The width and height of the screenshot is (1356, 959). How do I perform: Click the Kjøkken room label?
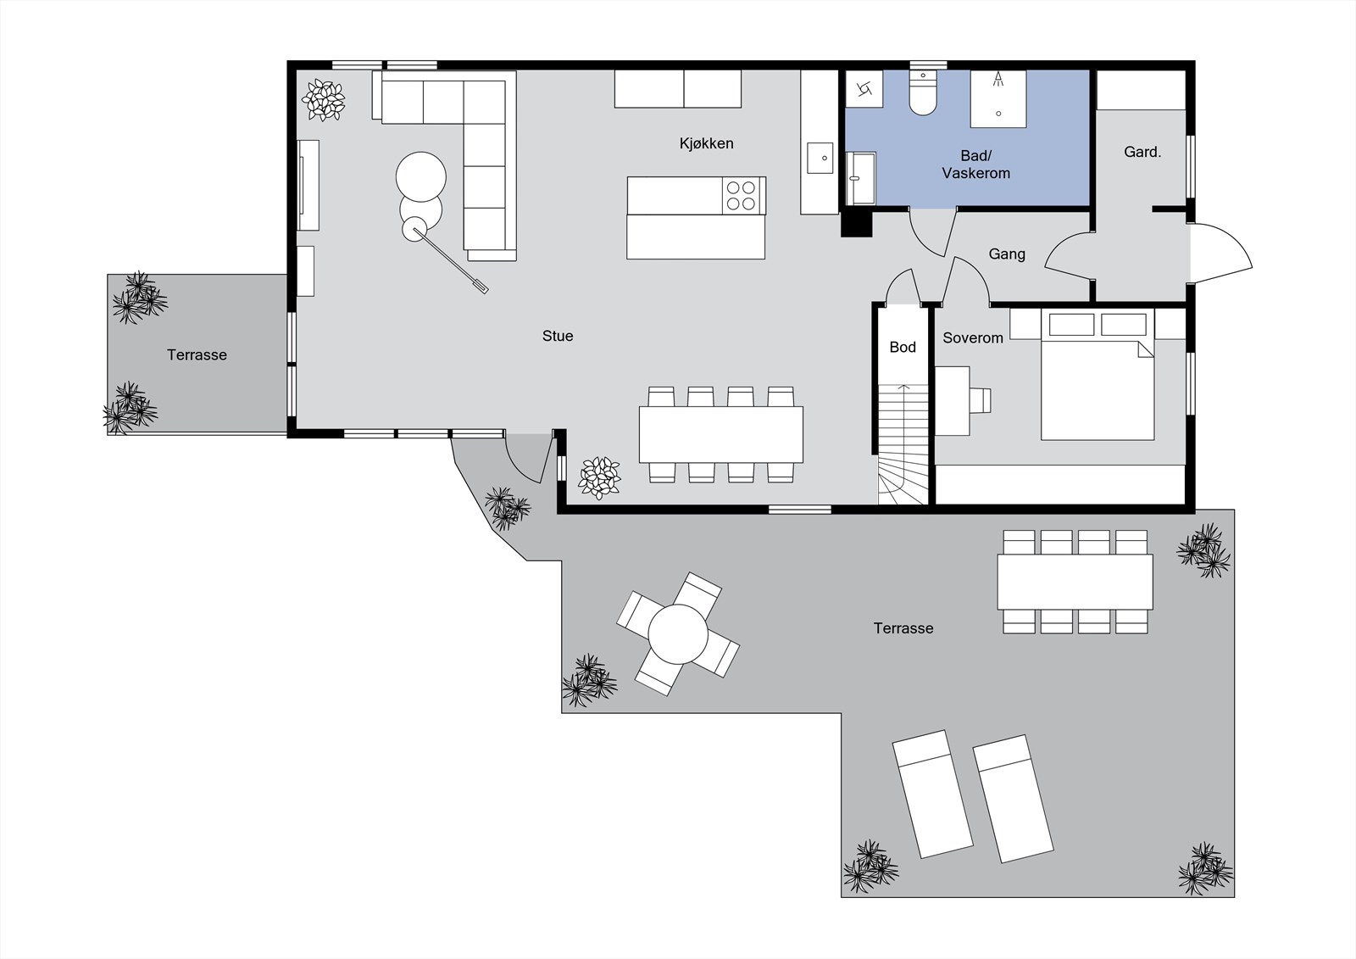pos(706,143)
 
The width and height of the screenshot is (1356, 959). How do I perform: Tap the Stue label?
pos(558,337)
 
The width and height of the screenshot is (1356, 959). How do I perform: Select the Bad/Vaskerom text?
pos(975,164)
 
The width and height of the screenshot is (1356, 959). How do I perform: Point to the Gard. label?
pos(1142,152)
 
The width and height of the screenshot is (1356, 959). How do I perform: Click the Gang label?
pos(1007,254)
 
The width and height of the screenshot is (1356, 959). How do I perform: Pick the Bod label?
pos(903,347)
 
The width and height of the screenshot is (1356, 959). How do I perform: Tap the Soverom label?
pos(973,338)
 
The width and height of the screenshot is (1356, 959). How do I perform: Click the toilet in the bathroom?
pos(923,92)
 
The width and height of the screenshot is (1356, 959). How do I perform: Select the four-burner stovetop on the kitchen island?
pos(743,196)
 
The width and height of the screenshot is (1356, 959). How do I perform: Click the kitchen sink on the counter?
pos(820,158)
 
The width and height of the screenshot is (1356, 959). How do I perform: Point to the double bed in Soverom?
pos(1098,375)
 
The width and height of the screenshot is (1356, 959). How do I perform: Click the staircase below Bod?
pos(903,444)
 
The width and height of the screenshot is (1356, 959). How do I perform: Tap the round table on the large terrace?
pos(678,634)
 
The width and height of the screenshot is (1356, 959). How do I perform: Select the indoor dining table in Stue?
pos(721,435)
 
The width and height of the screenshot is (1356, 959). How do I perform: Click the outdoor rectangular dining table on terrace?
pos(1075,582)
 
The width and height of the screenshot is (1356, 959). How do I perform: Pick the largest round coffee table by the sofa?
pos(420,177)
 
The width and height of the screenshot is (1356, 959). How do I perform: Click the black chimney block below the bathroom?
pos(857,223)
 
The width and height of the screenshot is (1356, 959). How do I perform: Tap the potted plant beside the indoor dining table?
pos(599,478)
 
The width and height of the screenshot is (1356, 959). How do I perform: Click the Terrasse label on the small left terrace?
pos(197,355)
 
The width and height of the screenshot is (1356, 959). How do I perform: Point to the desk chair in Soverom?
pos(981,400)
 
